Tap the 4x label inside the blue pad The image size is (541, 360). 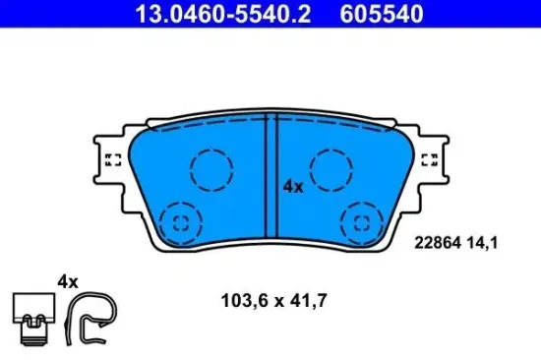293,185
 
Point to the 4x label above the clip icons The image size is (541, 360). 66,280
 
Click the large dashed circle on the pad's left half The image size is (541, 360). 210,169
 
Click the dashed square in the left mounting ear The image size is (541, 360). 111,160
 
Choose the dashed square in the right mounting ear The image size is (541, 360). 430,160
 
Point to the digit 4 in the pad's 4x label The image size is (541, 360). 288,185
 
